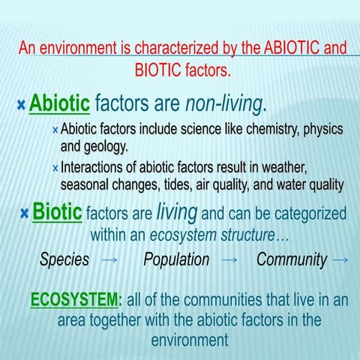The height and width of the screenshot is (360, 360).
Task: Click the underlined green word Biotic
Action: [57, 212]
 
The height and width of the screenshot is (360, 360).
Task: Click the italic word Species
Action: [64, 260]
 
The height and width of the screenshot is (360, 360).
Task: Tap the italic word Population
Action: [176, 260]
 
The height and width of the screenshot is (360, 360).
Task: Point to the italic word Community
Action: [292, 260]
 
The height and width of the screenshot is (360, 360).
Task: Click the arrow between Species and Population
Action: [109, 260]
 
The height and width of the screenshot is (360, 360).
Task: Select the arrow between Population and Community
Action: [230, 260]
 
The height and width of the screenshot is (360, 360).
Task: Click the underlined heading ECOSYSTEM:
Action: [76, 301]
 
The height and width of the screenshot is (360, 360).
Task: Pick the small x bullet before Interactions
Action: [55, 167]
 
